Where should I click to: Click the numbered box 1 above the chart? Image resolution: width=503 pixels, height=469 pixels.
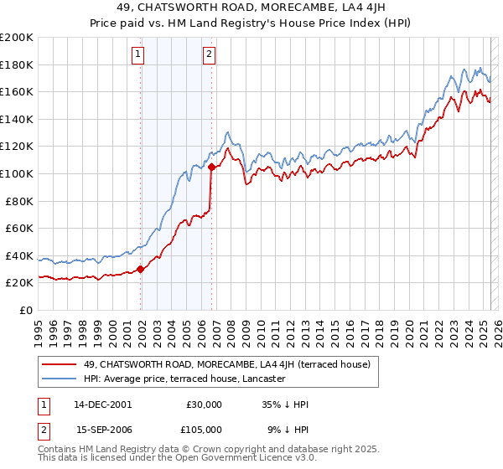pyautogui.click(x=137, y=56)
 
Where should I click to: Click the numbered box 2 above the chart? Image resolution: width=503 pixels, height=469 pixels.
pyautogui.click(x=208, y=56)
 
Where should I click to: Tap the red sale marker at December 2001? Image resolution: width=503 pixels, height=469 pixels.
pyautogui.click(x=141, y=269)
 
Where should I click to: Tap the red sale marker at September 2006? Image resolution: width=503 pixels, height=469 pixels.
pyautogui.click(x=211, y=167)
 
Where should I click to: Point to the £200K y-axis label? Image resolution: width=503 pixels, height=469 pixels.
pyautogui.click(x=17, y=38)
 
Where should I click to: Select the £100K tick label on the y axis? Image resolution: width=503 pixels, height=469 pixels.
pyautogui.click(x=17, y=173)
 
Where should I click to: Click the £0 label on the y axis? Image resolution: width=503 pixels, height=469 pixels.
pyautogui.click(x=25, y=310)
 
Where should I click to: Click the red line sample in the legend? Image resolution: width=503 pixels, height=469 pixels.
pyautogui.click(x=59, y=364)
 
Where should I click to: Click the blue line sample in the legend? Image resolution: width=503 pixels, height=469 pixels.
pyautogui.click(x=59, y=379)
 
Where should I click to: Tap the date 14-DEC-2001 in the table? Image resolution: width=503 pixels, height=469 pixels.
pyautogui.click(x=103, y=405)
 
